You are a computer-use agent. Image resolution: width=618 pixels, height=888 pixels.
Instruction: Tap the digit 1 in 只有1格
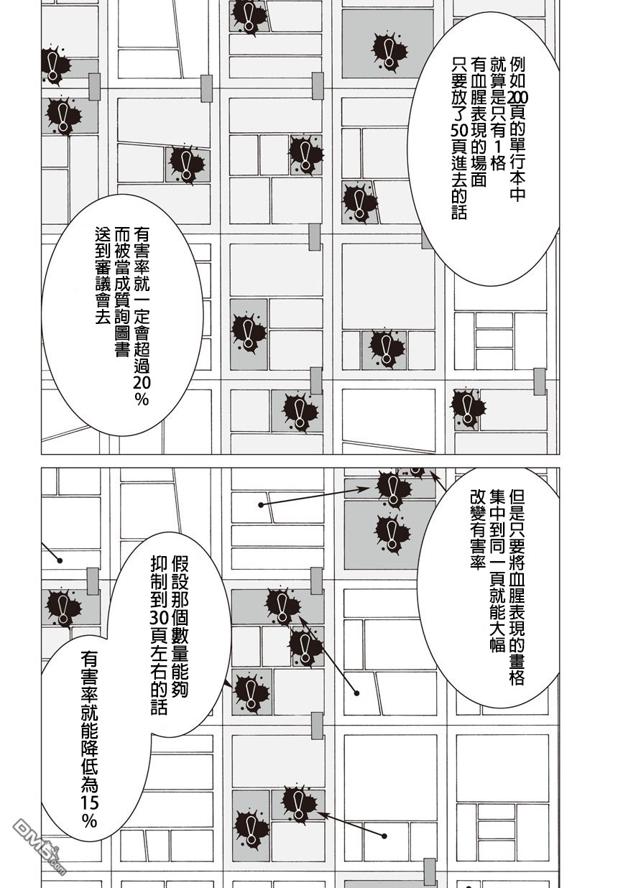tap(499, 151)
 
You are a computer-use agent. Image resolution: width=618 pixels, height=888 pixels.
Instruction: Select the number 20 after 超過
tap(142, 383)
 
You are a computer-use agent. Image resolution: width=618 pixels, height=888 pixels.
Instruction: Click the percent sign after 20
tap(142, 399)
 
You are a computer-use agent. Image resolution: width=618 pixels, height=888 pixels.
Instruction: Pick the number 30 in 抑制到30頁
tap(159, 616)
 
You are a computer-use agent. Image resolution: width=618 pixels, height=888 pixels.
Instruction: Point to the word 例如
tap(518, 73)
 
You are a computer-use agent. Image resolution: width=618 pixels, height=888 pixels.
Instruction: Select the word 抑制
tap(159, 572)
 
